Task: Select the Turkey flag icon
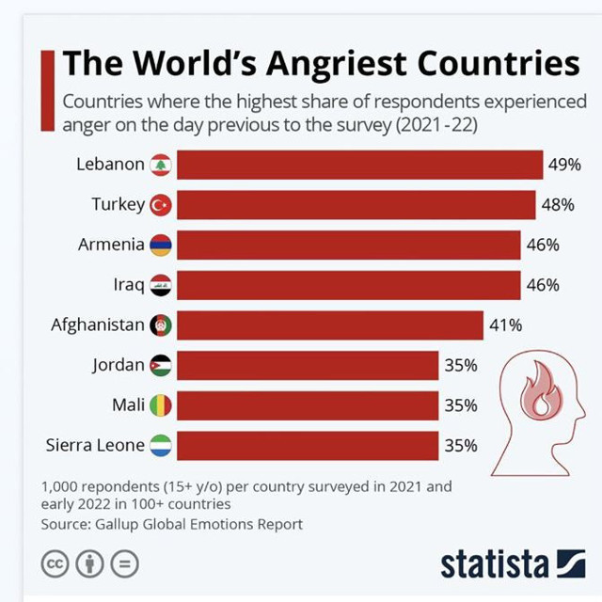(x=161, y=204)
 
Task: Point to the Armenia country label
(x=111, y=245)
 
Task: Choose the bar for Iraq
(x=348, y=285)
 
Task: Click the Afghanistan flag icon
(x=161, y=325)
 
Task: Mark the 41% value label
(x=505, y=325)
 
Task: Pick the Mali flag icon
(x=161, y=405)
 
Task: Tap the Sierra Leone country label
(x=95, y=445)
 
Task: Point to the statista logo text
(x=495, y=563)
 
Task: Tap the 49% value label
(x=563, y=165)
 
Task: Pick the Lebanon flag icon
(x=161, y=165)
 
